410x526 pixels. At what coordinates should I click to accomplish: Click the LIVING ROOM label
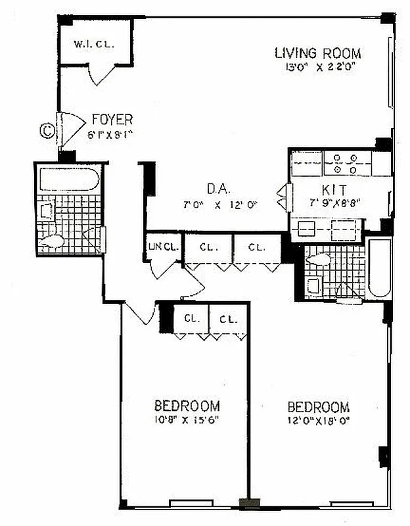(x=317, y=53)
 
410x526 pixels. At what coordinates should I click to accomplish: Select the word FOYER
(x=112, y=120)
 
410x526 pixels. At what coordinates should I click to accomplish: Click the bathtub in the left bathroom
(x=69, y=179)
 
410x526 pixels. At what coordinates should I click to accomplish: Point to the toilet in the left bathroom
(x=53, y=242)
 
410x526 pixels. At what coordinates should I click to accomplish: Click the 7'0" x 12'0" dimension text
(x=219, y=204)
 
